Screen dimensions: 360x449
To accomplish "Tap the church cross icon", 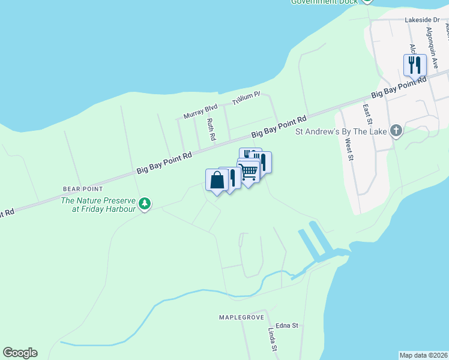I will coord(396,130).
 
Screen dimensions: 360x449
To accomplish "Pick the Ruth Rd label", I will coord(211,129).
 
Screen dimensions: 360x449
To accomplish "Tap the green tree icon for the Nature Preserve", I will coord(144,204).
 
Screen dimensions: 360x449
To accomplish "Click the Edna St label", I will coord(287,325).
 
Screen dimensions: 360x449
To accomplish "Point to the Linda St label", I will coord(272,340).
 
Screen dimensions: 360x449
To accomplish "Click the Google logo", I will coord(20,353).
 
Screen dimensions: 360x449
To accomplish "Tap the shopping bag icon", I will coord(217,179).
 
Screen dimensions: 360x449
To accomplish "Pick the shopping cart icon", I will coord(248,170).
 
